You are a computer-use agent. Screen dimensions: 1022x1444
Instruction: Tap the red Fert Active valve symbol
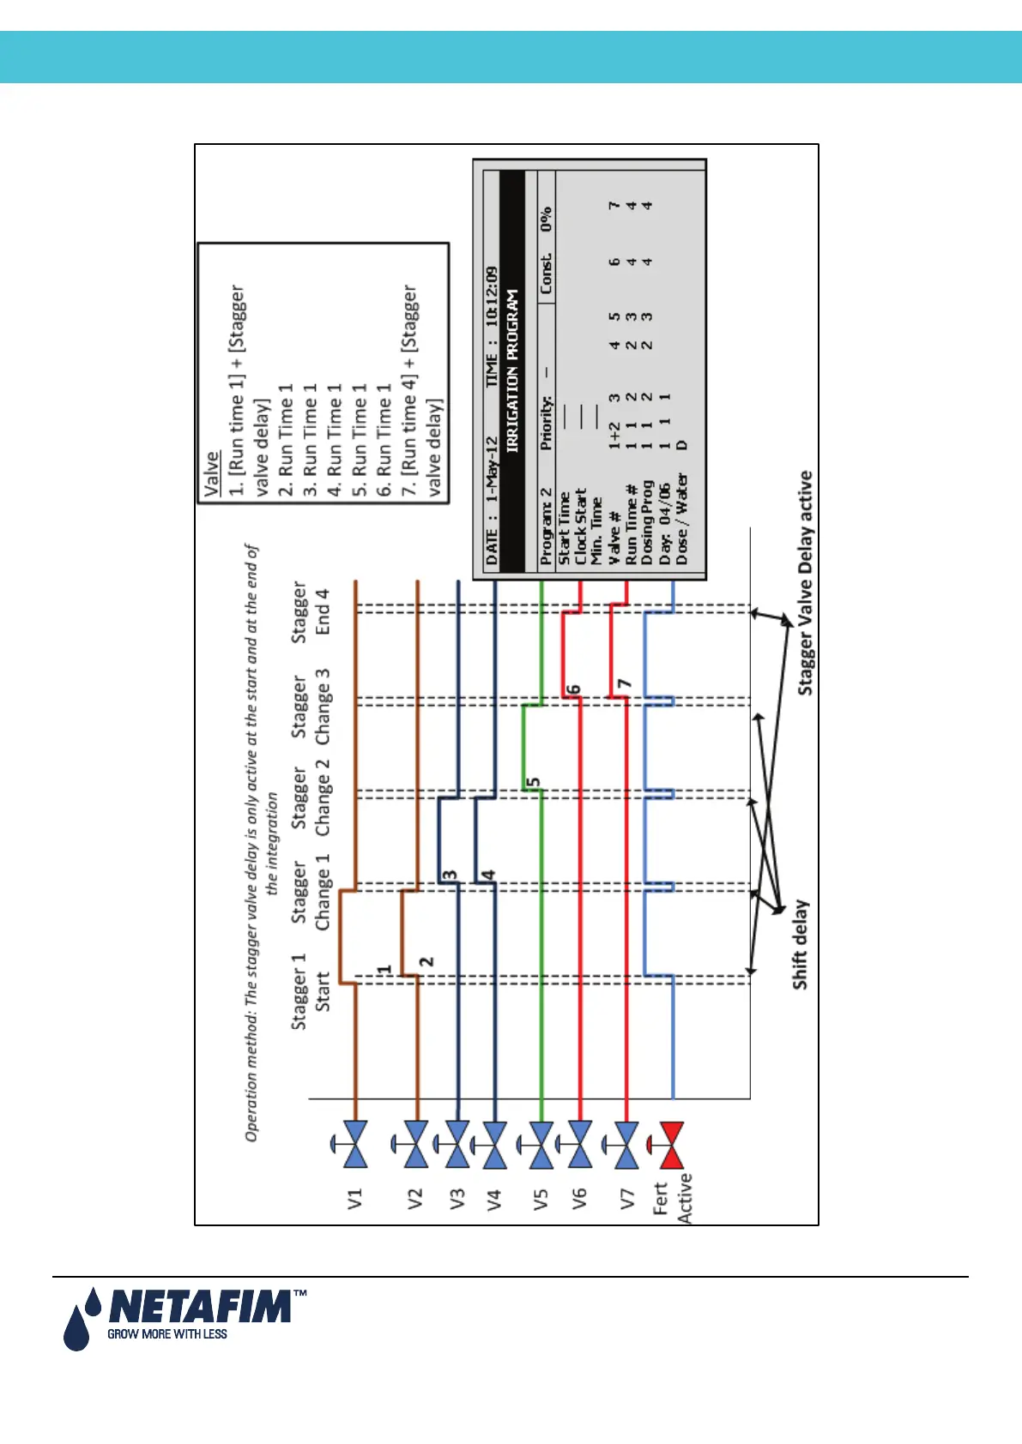671,1144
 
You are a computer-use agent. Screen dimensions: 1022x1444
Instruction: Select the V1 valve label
355,1199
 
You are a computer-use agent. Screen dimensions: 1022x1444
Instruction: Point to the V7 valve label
626,1199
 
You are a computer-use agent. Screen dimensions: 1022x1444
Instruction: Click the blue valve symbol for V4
494,1144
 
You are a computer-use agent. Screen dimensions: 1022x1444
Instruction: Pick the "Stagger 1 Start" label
310,991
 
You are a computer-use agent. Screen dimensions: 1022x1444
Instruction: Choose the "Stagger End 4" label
310,611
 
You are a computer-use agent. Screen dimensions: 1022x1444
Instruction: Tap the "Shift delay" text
800,944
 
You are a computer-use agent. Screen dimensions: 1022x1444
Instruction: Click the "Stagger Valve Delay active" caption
805,583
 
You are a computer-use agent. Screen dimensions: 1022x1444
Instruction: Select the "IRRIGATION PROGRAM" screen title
512,371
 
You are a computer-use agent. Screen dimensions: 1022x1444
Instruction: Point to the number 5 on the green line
533,783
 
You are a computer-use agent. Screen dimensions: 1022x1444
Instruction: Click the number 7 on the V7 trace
625,684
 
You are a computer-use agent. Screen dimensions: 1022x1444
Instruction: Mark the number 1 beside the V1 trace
384,970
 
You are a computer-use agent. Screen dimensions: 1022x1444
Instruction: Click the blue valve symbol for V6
579,1144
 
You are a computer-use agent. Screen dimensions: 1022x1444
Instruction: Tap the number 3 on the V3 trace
449,875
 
